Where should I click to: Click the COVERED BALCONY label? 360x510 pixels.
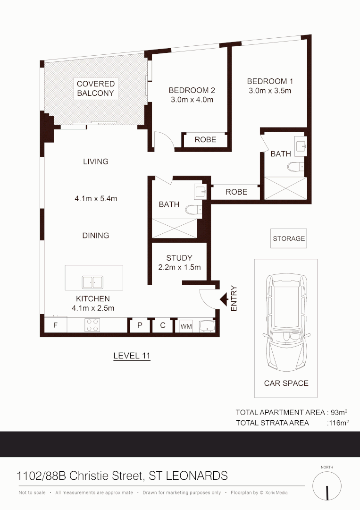pos(96,89)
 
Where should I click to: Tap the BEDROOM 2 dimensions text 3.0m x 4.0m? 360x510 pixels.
pos(192,100)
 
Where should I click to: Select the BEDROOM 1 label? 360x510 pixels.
pos(270,81)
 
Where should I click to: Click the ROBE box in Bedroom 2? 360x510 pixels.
pos(205,140)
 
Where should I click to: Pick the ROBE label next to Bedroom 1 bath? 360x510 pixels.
pos(236,192)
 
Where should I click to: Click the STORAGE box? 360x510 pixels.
pos(289,238)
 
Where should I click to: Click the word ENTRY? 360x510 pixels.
pos(234,298)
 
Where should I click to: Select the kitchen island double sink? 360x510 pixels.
pos(93,282)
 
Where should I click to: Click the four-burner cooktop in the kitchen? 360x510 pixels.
pos(92,325)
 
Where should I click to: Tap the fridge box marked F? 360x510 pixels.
pos(55,325)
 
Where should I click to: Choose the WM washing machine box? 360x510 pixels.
pos(186,326)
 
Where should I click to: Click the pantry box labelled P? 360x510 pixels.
pos(140,325)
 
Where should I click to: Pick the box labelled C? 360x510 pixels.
pos(163,325)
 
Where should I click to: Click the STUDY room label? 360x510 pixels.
pos(179,258)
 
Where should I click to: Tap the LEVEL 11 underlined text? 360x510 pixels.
pos(132,356)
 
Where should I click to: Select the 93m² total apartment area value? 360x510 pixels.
pos(339,412)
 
